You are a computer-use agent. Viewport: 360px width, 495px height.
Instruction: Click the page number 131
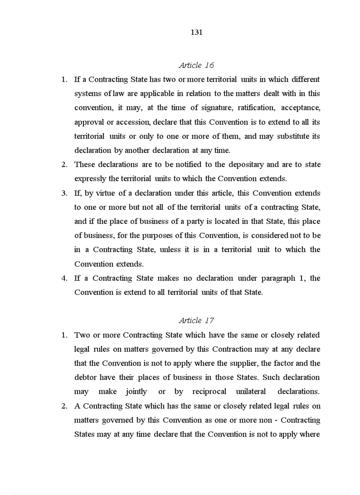point(196,32)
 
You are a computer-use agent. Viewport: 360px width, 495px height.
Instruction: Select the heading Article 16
point(196,65)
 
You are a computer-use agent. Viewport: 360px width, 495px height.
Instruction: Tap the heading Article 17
point(196,320)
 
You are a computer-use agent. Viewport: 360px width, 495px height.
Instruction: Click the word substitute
point(293,136)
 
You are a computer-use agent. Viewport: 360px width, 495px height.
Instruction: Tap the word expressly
point(90,179)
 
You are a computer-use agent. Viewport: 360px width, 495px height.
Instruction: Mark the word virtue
point(109,193)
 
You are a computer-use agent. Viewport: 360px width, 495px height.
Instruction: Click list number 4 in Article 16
point(64,278)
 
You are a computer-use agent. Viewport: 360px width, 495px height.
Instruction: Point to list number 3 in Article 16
point(64,193)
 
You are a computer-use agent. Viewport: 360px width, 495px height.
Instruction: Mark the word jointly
point(136,391)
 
